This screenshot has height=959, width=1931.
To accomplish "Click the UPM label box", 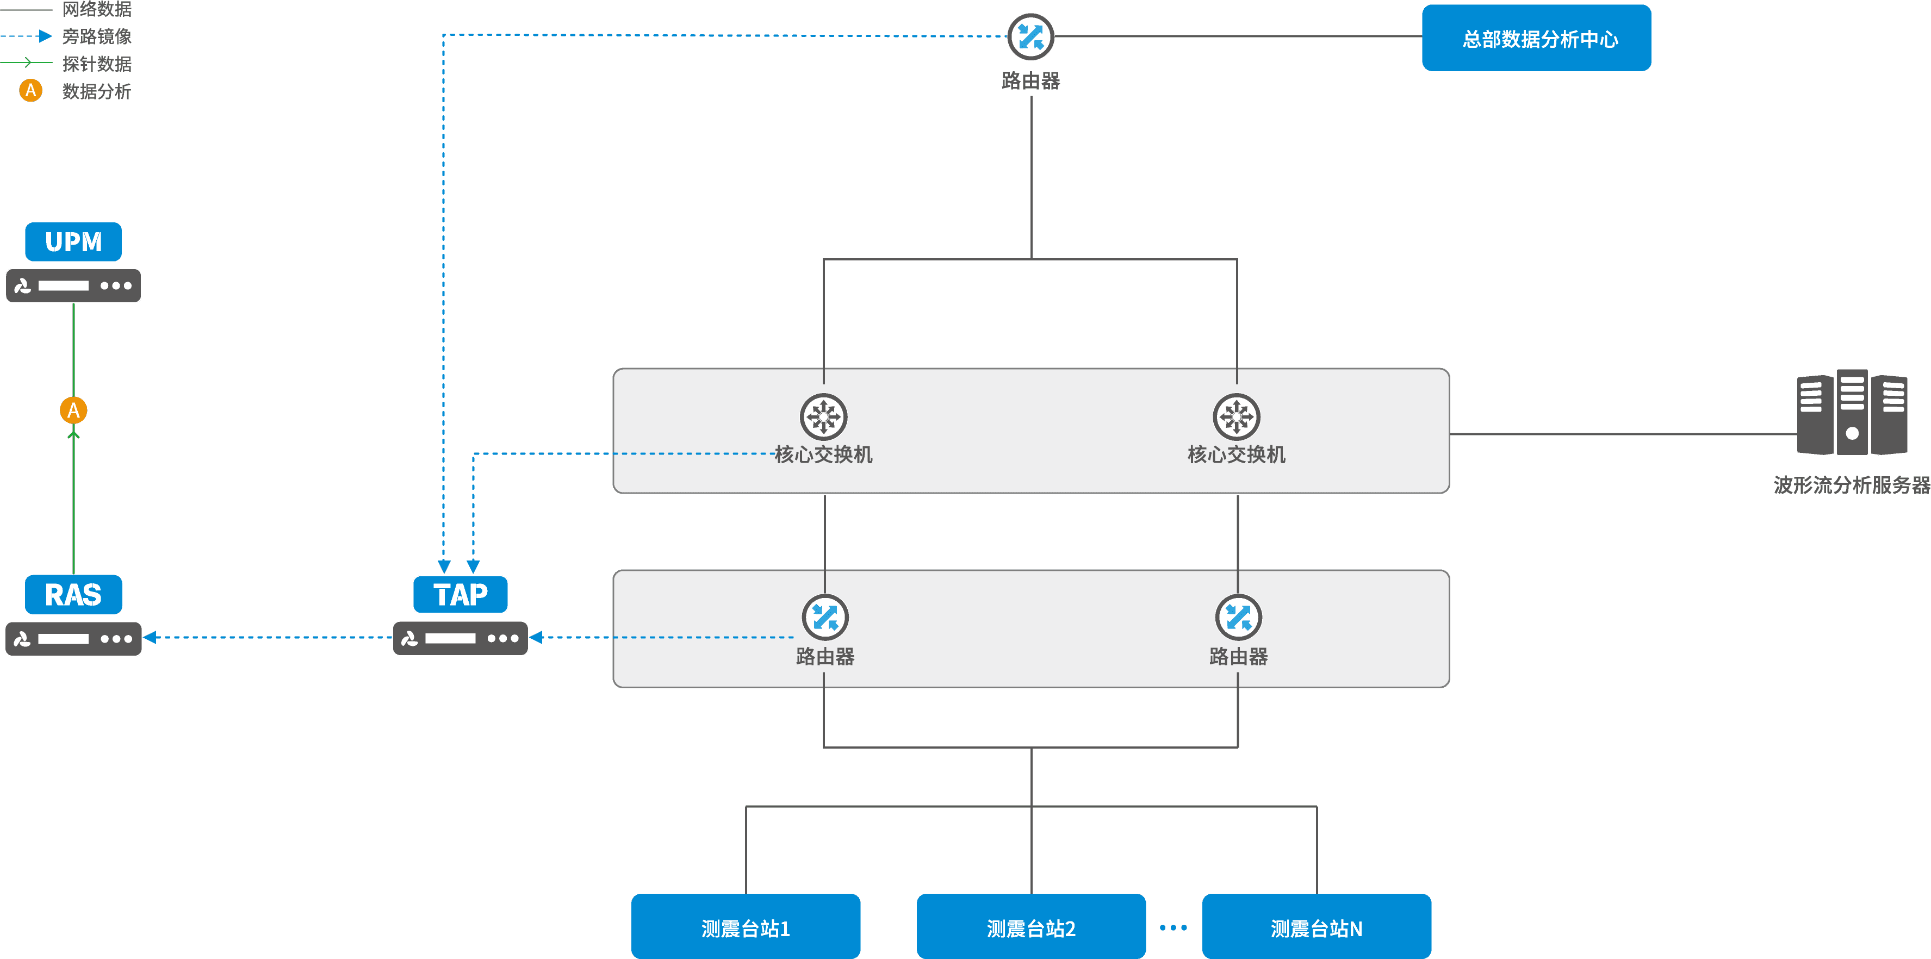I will pyautogui.click(x=73, y=242).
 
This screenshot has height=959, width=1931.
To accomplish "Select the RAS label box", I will pyautogui.click(x=73, y=595).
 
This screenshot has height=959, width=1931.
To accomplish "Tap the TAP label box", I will pyautogui.click(x=460, y=595).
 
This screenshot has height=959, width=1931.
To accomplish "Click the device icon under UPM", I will pyautogui.click(x=73, y=285).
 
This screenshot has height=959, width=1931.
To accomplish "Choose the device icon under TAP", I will pyautogui.click(x=460, y=638).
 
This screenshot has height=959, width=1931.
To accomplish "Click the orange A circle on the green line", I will pyautogui.click(x=73, y=410).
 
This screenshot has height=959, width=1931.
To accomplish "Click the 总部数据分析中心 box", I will pyautogui.click(x=1537, y=38).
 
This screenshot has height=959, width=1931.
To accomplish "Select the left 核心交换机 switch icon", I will pyautogui.click(x=824, y=416).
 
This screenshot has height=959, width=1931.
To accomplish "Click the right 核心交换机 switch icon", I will pyautogui.click(x=1237, y=416).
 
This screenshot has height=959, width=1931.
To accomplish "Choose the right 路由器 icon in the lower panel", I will pyautogui.click(x=1238, y=618).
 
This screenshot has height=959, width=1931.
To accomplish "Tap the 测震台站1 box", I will pyautogui.click(x=746, y=927).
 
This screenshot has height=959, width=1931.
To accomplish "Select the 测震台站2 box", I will pyautogui.click(x=1032, y=927).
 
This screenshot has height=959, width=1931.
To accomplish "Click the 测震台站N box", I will pyautogui.click(x=1317, y=927).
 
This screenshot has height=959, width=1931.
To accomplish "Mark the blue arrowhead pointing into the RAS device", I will pyautogui.click(x=151, y=638).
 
